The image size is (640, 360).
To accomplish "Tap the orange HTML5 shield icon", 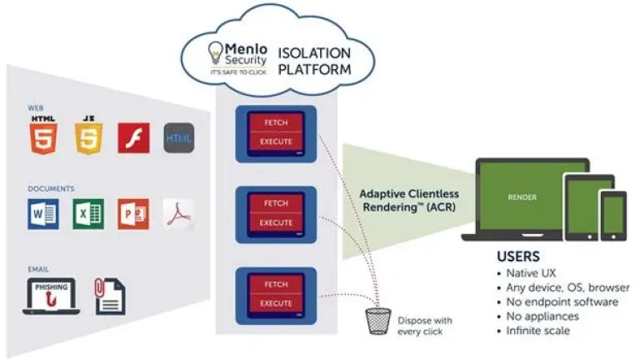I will (x=42, y=136).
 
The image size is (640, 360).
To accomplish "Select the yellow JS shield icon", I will (x=88, y=136).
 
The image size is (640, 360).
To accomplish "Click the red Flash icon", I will (x=132, y=138).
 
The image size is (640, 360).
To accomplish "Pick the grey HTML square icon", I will (x=178, y=138).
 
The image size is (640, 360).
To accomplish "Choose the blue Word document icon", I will (x=43, y=214).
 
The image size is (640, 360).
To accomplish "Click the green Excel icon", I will (x=87, y=214).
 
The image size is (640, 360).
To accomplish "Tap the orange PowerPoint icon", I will (x=132, y=214).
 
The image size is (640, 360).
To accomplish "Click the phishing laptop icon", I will (x=51, y=297).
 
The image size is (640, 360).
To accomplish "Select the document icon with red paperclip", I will (x=110, y=295).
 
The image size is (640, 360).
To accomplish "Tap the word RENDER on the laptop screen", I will (x=522, y=197).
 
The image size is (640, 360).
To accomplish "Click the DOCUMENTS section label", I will (x=50, y=189).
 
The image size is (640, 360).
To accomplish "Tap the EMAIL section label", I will (x=38, y=269).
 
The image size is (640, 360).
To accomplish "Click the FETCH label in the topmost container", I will (x=276, y=122).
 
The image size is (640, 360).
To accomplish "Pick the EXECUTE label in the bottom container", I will (x=276, y=302).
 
